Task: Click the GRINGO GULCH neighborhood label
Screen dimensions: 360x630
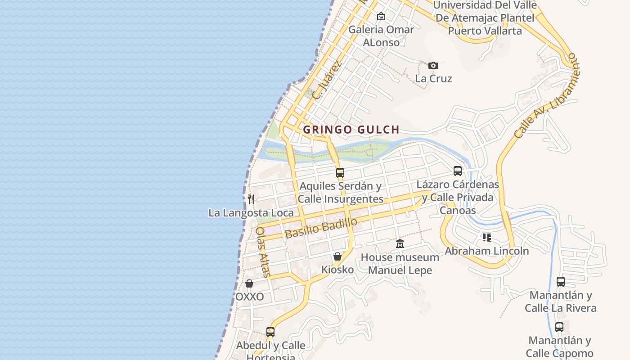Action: (x=351, y=130)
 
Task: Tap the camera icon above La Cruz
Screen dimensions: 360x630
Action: (x=433, y=65)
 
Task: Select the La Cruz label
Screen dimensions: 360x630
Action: (x=433, y=79)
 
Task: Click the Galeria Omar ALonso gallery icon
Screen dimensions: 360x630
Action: (x=381, y=16)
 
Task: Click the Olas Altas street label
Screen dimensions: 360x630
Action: (x=263, y=252)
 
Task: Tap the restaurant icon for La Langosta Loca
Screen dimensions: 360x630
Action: (x=251, y=199)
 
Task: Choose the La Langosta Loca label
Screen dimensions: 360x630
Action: (x=251, y=213)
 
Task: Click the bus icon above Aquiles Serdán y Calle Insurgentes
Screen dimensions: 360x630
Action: (x=340, y=172)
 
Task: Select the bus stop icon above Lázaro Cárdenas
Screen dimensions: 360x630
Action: (x=458, y=171)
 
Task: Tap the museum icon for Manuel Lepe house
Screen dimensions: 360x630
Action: (x=400, y=244)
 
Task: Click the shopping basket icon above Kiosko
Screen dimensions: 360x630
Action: (x=337, y=256)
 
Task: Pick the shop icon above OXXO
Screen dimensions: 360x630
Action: (x=249, y=283)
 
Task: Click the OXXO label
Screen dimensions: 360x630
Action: (x=249, y=297)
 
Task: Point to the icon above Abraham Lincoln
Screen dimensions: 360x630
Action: (x=486, y=237)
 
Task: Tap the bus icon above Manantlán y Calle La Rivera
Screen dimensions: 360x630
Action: (x=560, y=282)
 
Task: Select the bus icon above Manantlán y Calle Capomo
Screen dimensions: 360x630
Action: (x=559, y=327)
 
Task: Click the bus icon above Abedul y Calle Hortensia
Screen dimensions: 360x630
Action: (x=270, y=332)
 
